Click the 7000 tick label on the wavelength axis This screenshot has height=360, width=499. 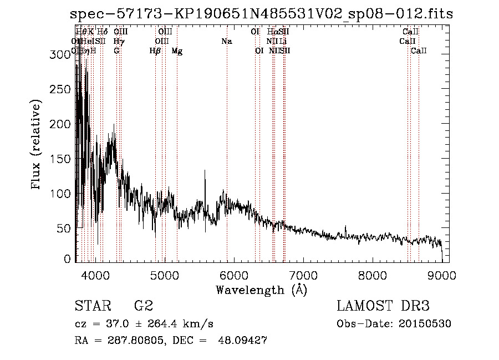click(x=303, y=275)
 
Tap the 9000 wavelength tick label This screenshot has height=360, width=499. click(x=442, y=275)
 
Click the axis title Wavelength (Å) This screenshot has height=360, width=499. click(x=261, y=290)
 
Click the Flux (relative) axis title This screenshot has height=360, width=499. click(x=37, y=146)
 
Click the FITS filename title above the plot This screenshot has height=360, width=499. click(x=262, y=14)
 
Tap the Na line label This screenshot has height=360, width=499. click(x=226, y=42)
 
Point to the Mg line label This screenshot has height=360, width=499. click(x=177, y=51)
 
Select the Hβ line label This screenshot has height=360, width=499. click(x=155, y=51)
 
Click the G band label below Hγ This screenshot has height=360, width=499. click(x=116, y=51)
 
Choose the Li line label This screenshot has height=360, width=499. click(x=283, y=42)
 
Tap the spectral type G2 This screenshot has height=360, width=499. click(x=143, y=306)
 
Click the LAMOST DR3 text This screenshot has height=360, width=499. click(x=383, y=306)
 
